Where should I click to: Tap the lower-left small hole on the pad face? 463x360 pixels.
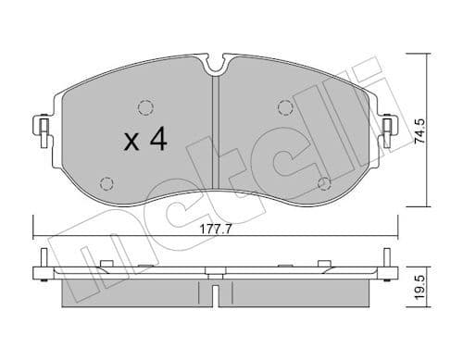pos(106,181)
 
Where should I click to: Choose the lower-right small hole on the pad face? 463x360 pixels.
pos(322,182)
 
